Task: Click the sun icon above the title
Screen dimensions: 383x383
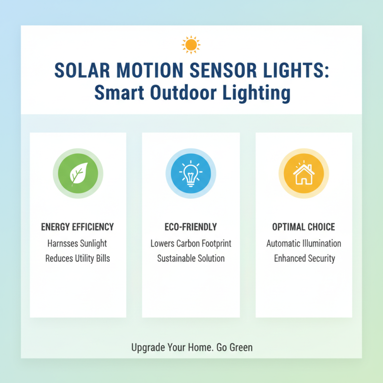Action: tap(191, 45)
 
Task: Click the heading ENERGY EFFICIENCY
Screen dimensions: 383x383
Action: tap(78, 226)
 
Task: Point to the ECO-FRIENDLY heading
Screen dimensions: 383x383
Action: tap(191, 226)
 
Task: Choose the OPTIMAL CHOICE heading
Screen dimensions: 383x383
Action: tap(304, 226)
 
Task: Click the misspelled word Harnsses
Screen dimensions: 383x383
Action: tap(63, 243)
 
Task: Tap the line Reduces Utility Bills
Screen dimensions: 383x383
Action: tap(78, 259)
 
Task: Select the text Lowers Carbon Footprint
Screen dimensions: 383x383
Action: tap(191, 243)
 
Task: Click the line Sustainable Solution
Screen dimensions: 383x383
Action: tap(191, 259)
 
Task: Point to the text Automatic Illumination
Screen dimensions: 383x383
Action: tap(304, 243)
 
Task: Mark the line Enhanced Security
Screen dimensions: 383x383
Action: tap(304, 259)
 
